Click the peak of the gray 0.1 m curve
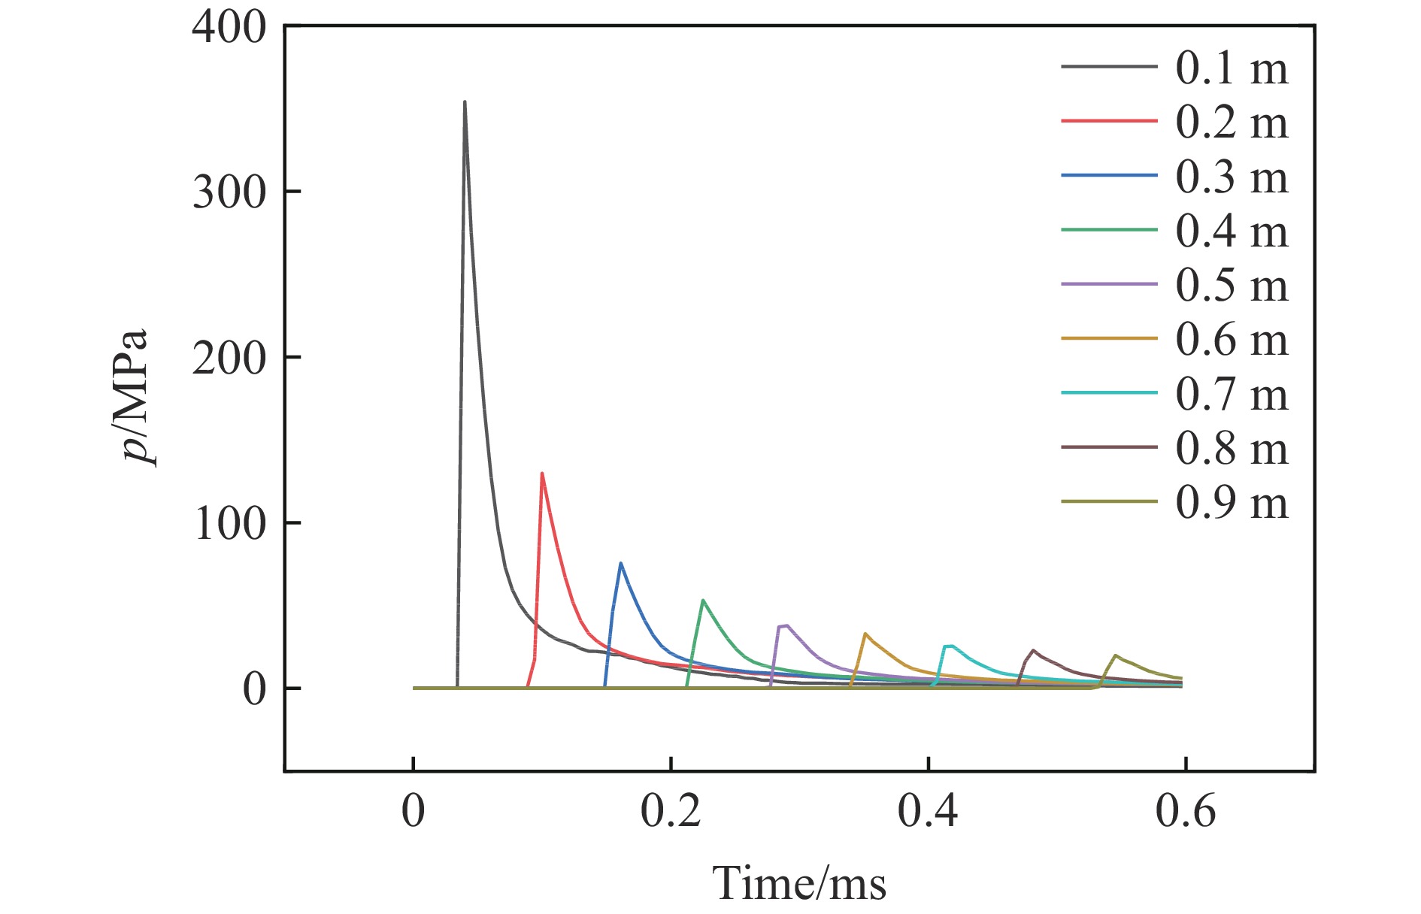[x=465, y=101]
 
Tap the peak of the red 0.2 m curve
[x=541, y=473]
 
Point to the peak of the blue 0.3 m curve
[x=620, y=562]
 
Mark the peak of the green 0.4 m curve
[x=702, y=600]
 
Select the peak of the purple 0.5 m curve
[x=786, y=625]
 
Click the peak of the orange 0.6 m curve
[x=865, y=633]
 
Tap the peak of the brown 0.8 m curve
[x=1034, y=649]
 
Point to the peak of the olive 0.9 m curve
[x=1115, y=655]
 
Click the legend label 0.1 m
[x=1232, y=68]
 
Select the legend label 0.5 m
[x=1232, y=286]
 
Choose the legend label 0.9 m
[x=1232, y=502]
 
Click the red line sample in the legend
[x=1109, y=121]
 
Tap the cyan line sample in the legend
[x=1109, y=393]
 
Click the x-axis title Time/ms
[x=799, y=882]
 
